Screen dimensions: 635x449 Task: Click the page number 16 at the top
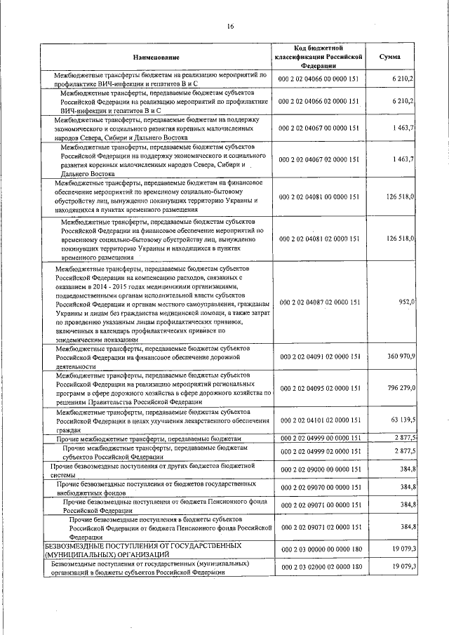[x=229, y=27]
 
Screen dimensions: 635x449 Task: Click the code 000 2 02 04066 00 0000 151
[x=319, y=79]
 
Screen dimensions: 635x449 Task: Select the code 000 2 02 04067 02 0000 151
[x=319, y=160]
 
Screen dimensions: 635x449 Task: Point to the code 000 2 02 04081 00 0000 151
[x=319, y=197]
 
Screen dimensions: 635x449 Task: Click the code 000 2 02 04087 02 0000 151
[x=319, y=302]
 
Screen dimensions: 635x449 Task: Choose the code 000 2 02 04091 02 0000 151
[x=319, y=356]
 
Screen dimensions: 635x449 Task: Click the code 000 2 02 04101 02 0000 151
[x=319, y=420]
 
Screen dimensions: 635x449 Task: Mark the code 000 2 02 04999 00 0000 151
[x=319, y=438]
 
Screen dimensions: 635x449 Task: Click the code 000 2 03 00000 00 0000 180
[x=319, y=549]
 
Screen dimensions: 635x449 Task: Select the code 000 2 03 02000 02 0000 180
[x=319, y=567]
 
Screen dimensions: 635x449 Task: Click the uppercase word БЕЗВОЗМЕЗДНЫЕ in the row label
[x=76, y=544]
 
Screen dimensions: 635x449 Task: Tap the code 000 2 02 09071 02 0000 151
[x=319, y=526]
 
